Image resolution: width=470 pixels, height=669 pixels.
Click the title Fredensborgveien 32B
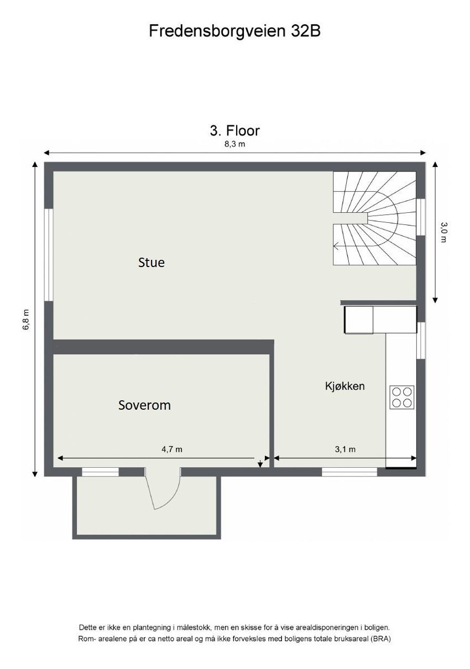[234, 31]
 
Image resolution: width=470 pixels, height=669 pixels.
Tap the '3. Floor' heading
[234, 130]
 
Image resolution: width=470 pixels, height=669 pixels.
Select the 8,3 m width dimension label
[234, 144]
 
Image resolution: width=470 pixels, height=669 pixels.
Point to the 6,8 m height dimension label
[25, 319]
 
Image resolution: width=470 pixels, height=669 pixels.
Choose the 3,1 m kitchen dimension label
[345, 450]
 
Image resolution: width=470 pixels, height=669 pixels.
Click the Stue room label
[152, 263]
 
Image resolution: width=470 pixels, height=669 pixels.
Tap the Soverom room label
[144, 405]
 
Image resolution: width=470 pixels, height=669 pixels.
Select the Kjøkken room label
[344, 386]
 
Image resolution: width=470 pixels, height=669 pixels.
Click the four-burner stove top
[402, 396]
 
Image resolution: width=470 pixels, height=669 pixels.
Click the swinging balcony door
[163, 489]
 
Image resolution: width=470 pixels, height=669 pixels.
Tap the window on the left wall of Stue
[49, 255]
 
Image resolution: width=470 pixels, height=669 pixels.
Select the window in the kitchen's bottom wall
[349, 472]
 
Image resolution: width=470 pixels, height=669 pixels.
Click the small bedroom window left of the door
[101, 472]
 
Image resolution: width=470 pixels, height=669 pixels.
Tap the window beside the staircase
[421, 217]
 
